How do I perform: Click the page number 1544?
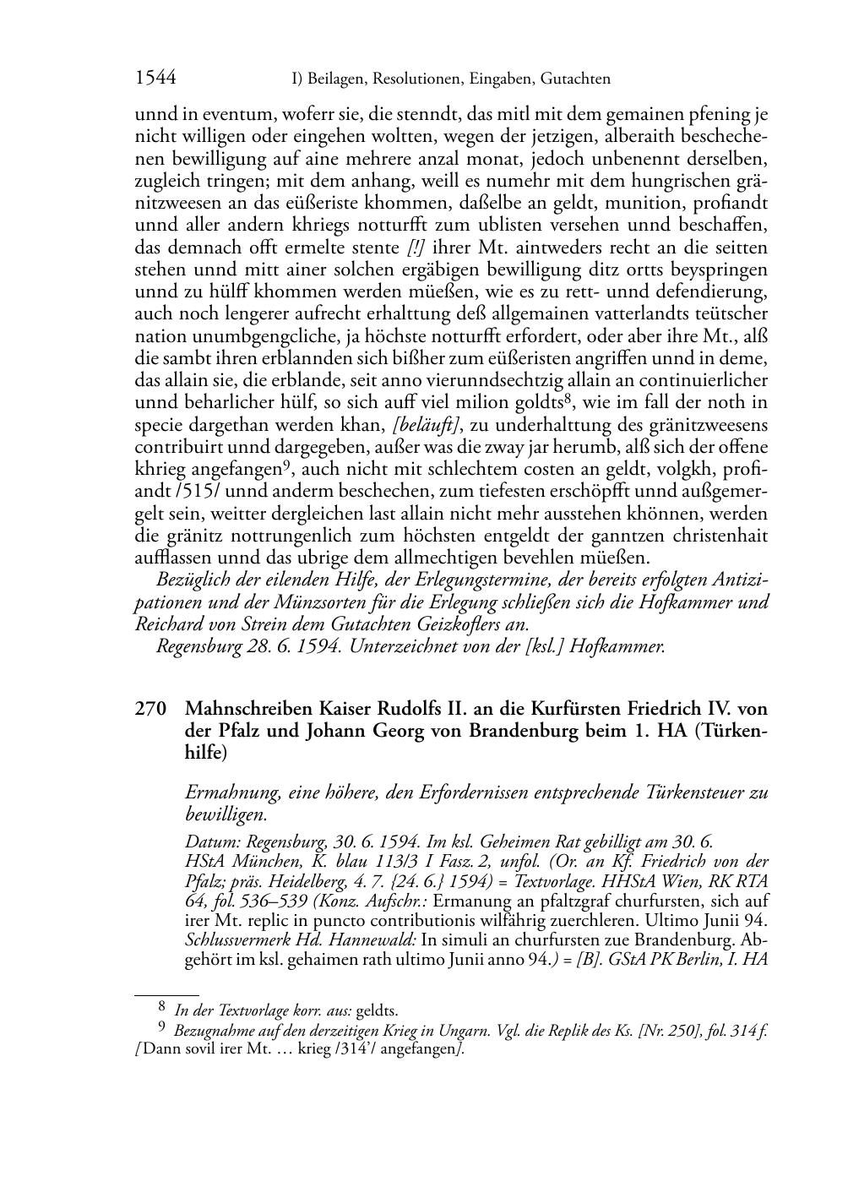point(155,79)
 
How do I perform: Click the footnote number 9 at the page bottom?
point(162,1028)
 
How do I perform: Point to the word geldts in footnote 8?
point(377,1010)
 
